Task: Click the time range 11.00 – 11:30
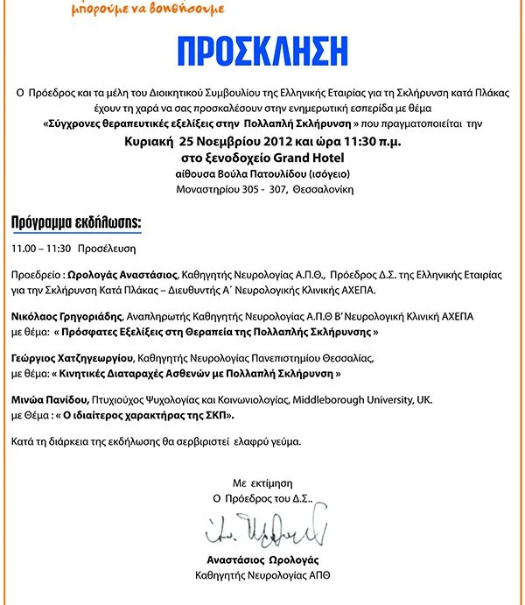tap(41, 249)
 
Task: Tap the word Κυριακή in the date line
tap(146, 141)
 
